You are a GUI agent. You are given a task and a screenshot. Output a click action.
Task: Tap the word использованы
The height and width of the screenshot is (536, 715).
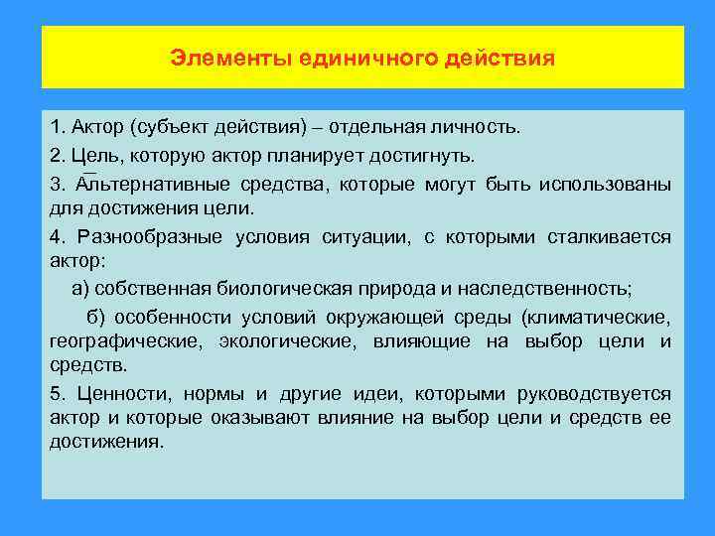point(606,185)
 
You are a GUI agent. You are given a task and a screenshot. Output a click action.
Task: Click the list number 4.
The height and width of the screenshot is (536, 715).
point(56,237)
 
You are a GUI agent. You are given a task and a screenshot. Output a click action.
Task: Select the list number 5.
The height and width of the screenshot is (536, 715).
point(56,394)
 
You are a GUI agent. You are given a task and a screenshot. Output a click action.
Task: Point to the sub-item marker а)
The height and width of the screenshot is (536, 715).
point(80,289)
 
